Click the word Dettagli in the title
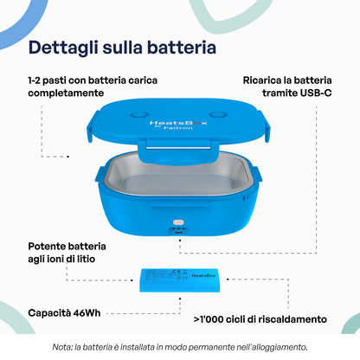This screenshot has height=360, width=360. point(63,48)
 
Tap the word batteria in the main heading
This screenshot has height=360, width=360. point(182,48)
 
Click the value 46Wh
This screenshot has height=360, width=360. point(87,313)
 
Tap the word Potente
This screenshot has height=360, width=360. point(47,247)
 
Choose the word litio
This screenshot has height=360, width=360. point(86,259)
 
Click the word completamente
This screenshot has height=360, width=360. point(66,93)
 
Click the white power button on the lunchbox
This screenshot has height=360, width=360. point(178,222)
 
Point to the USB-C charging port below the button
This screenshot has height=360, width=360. point(178,231)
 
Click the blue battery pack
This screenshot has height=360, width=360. point(182,280)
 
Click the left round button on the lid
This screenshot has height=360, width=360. point(139,115)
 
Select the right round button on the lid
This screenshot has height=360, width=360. point(218,115)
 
